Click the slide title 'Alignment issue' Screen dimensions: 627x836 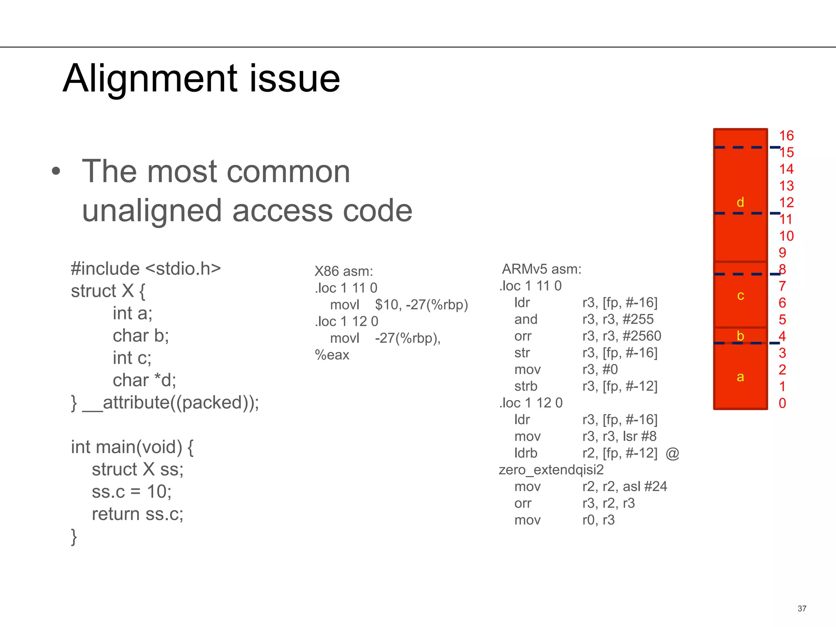(x=201, y=78)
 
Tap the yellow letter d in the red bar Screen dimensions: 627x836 (x=740, y=202)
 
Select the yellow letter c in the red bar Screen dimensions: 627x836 (x=740, y=296)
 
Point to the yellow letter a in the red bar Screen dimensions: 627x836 (x=740, y=377)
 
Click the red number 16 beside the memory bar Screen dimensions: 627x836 (x=786, y=136)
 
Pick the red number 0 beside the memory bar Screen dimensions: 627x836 (x=782, y=403)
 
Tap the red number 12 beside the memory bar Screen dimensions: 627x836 (x=786, y=202)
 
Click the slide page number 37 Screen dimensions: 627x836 (x=802, y=609)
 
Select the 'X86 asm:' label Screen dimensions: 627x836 (x=344, y=271)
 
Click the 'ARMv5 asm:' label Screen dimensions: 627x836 (x=541, y=269)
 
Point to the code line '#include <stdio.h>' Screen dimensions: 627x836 (x=146, y=269)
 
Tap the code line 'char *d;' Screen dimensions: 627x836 (x=145, y=380)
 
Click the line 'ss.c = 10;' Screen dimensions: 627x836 (x=131, y=491)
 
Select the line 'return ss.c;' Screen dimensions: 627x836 (x=138, y=514)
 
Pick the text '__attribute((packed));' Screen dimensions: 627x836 (x=171, y=402)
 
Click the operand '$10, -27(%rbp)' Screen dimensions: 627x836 (x=421, y=305)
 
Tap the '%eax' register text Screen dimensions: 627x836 (x=332, y=355)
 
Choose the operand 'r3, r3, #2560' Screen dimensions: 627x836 (x=621, y=336)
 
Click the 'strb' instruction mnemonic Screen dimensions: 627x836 (x=526, y=386)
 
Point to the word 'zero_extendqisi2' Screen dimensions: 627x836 (x=551, y=470)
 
